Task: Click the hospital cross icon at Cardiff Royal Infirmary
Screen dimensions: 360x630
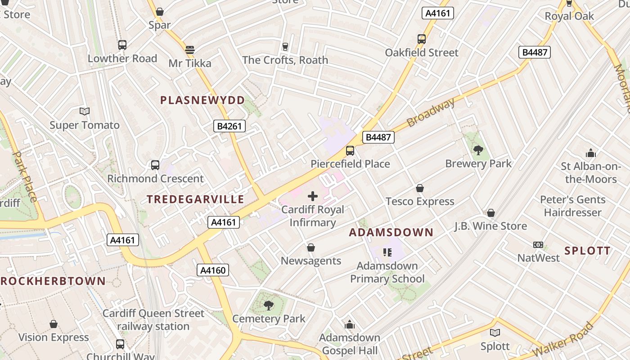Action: (313, 196)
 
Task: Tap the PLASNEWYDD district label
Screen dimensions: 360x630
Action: (202, 100)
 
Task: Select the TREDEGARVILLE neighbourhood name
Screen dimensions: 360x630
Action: (195, 199)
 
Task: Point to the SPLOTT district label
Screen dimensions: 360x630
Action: (588, 251)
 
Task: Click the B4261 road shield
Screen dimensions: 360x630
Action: (229, 126)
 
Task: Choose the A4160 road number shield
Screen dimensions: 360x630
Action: (213, 270)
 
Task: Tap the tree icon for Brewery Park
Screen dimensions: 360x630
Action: (478, 150)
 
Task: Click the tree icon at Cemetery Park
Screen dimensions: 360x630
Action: (269, 306)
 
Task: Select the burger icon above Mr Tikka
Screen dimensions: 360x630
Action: (190, 49)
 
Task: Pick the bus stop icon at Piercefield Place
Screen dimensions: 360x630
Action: (350, 151)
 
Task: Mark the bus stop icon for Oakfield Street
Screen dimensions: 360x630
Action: (421, 39)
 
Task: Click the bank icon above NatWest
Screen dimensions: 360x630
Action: (538, 245)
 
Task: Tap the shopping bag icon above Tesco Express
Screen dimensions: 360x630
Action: (420, 188)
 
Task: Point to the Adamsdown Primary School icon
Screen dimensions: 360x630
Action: (387, 252)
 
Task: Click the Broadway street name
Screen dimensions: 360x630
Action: (431, 112)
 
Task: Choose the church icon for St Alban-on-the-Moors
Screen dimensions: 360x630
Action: (591, 153)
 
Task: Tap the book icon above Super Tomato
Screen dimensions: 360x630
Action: (85, 111)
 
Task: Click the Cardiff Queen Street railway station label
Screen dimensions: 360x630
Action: (153, 319)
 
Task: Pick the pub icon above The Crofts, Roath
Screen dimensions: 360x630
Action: (285, 46)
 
